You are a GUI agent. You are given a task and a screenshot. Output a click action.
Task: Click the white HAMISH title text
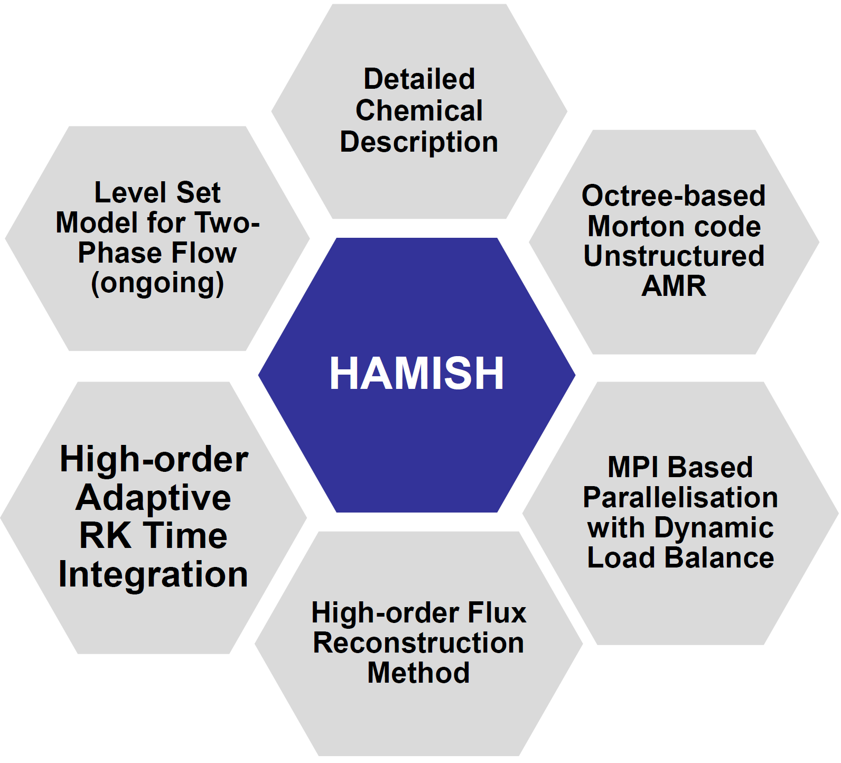[x=417, y=373]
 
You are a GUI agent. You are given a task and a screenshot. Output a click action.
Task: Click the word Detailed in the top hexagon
[x=419, y=79]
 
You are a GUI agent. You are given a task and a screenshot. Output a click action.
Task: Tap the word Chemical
[x=419, y=110]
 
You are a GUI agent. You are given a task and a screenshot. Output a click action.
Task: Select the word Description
[x=419, y=142]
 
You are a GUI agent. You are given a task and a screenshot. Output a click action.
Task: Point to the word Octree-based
[x=674, y=196]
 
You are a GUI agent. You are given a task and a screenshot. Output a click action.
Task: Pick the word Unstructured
[x=674, y=256]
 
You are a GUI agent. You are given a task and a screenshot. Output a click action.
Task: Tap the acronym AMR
[x=674, y=286]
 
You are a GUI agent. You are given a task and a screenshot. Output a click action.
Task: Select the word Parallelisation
[x=680, y=497]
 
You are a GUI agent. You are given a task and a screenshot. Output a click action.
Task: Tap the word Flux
[x=497, y=613]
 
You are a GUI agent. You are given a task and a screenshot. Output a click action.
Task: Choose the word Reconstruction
[x=418, y=643]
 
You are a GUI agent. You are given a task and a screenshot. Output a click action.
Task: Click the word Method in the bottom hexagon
[x=418, y=673]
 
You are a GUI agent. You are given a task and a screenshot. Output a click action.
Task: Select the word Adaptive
[x=153, y=498]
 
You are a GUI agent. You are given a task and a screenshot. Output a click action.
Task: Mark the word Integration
[x=153, y=574]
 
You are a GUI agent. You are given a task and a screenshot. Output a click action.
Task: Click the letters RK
[x=105, y=536]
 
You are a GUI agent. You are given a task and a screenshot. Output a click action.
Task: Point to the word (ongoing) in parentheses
[x=157, y=283]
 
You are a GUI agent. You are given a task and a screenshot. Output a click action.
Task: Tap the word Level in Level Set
[x=127, y=192]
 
